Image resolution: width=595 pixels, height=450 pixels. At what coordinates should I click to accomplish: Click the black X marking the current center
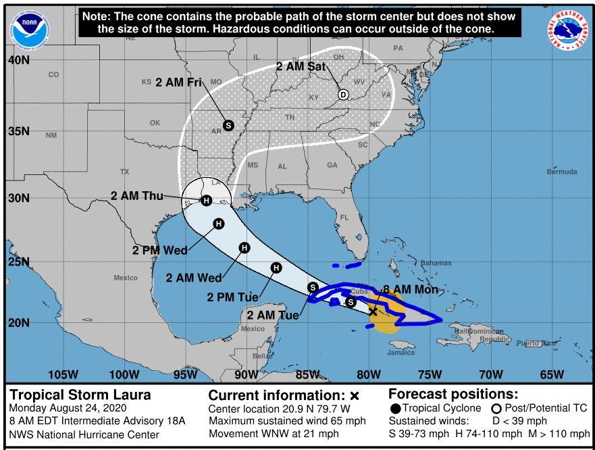373,311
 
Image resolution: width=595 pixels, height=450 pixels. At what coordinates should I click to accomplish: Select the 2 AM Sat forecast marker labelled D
343,95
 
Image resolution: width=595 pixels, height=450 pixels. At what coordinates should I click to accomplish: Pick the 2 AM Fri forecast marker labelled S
228,125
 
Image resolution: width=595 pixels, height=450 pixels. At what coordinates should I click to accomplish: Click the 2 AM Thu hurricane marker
206,200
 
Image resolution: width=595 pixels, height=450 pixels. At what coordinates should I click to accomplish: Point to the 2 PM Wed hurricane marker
218,224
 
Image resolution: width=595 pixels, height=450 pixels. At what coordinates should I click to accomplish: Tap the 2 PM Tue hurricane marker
276,268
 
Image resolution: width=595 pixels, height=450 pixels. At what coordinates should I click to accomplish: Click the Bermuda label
562,172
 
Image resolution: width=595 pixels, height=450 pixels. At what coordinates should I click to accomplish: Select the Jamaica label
401,352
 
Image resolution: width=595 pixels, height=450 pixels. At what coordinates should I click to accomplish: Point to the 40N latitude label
18,60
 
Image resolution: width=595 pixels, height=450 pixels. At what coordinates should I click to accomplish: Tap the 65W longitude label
552,374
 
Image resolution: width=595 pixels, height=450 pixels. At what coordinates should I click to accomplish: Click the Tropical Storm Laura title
80,395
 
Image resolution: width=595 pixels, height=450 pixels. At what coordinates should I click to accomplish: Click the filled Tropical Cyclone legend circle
396,408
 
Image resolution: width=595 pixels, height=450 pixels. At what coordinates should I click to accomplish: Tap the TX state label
124,172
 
